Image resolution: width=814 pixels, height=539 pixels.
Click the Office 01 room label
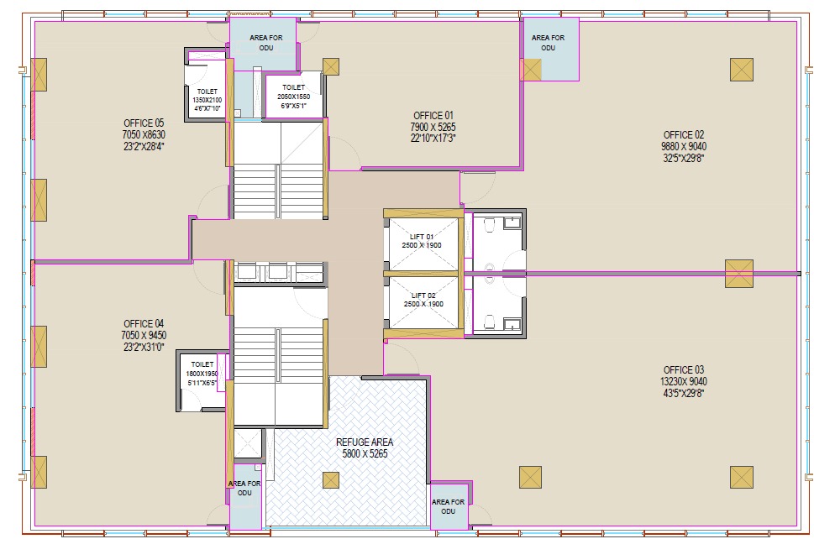point(433,116)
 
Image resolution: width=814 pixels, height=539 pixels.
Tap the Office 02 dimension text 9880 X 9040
point(683,146)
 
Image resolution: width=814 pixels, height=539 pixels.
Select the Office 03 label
point(683,370)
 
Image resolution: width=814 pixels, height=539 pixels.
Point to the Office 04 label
point(144,324)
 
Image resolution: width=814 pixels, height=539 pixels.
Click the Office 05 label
point(144,123)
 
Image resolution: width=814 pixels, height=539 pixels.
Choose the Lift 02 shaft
point(423,302)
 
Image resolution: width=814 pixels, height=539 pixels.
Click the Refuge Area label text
point(365,442)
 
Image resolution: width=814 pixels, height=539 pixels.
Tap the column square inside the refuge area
point(331,480)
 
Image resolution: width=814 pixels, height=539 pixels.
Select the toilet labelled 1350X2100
point(207,89)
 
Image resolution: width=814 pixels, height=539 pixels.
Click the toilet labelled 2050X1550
point(294,96)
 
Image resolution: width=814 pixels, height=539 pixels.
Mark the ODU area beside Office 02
point(550,50)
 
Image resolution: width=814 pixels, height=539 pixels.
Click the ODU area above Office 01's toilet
point(264,44)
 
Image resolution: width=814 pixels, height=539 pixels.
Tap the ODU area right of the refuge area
point(449,505)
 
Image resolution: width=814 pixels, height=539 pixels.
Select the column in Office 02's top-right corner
point(741,70)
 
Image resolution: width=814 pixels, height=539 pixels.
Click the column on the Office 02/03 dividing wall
point(738,274)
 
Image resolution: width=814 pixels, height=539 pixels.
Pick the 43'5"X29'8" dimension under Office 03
point(683,393)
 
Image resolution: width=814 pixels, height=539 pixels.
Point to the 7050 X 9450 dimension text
point(144,336)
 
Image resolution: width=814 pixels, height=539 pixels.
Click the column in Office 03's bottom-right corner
point(741,477)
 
